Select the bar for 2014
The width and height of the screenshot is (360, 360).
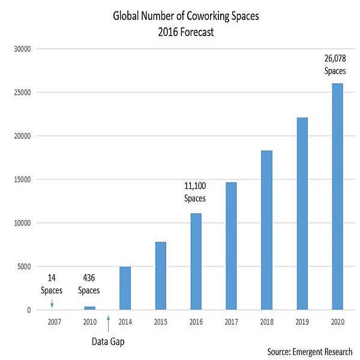125,289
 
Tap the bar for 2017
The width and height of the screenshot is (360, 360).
231,246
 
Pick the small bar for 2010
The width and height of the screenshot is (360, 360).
89,308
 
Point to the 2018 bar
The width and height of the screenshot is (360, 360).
266,230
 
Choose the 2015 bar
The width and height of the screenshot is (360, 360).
160,276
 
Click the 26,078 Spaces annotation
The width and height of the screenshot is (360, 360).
336,64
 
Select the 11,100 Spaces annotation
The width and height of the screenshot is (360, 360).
194,193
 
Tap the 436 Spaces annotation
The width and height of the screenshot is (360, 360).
89,284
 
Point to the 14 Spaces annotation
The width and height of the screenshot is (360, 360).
51,284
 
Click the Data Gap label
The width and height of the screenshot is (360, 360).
109,341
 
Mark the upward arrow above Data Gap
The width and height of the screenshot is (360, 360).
108,323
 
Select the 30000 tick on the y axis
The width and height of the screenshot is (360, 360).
23,49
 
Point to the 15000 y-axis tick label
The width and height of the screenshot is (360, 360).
23,179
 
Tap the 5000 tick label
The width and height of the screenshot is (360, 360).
25,266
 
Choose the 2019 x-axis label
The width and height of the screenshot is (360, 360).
302,322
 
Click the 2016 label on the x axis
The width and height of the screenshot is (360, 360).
196,322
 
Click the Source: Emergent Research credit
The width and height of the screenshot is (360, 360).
310,352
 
